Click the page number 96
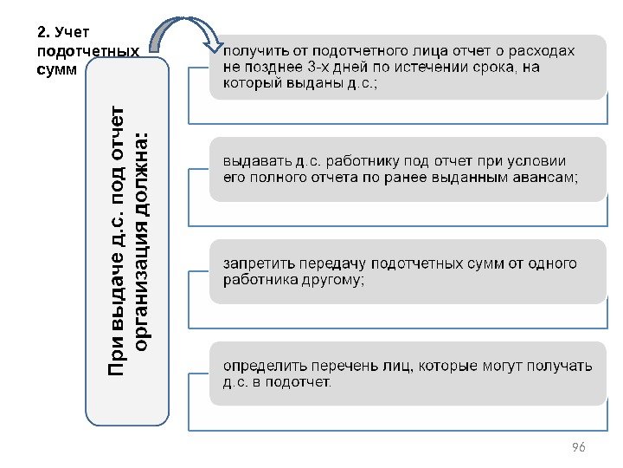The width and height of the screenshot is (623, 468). [579, 447]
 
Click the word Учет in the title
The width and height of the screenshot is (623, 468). [71, 34]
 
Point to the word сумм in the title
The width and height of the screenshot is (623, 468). [58, 68]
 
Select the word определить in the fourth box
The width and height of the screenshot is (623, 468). [264, 366]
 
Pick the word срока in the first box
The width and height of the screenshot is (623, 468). [499, 68]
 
